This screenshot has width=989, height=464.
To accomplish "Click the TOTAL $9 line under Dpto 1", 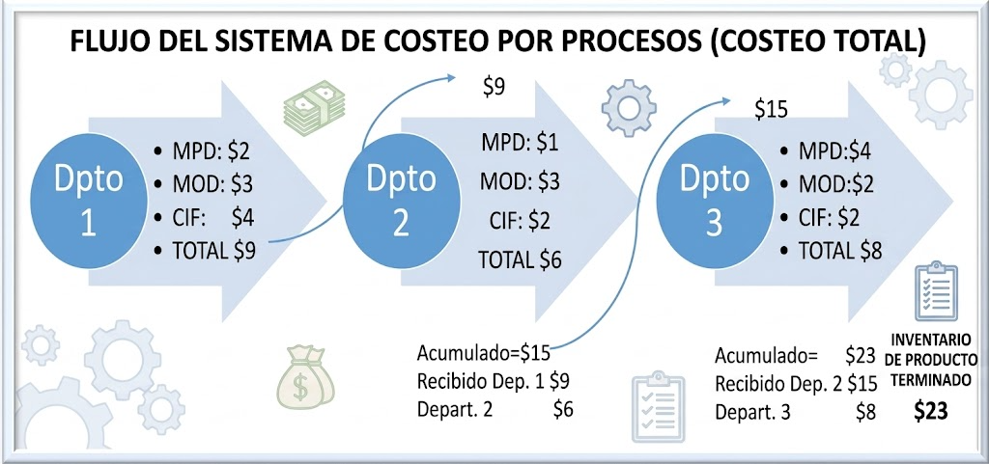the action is click(207, 251).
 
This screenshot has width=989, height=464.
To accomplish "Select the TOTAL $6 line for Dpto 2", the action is click(519, 259).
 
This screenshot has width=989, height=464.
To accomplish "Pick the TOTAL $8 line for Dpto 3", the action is click(831, 251).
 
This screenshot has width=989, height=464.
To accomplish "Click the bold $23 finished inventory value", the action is click(930, 411).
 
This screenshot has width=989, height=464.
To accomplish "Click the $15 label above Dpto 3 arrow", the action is click(772, 110).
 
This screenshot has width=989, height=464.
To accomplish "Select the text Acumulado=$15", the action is click(484, 353).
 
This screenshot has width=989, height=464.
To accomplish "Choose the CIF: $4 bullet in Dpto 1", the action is click(205, 217).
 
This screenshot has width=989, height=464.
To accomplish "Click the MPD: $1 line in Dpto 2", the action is click(521, 142).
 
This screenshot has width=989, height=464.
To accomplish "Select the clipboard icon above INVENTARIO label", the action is click(936, 291).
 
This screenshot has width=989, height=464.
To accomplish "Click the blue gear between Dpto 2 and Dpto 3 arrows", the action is click(628, 108).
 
